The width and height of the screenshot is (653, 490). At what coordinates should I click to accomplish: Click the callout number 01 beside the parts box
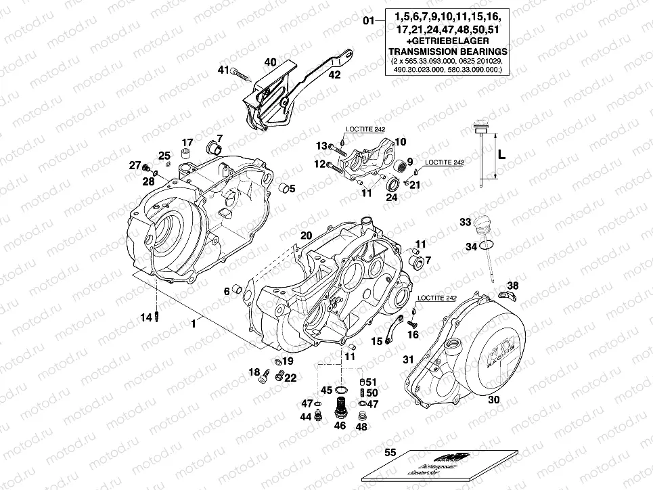coord(368,21)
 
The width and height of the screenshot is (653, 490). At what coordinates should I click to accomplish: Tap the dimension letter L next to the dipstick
coord(501,154)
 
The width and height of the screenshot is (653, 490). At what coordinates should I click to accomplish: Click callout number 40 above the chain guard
coord(271,62)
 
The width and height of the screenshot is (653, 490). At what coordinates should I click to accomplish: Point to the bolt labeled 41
coord(236,72)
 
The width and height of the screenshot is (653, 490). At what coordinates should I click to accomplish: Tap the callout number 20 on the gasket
coord(306,235)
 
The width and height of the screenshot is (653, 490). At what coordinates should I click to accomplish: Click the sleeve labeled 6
coord(238,290)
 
